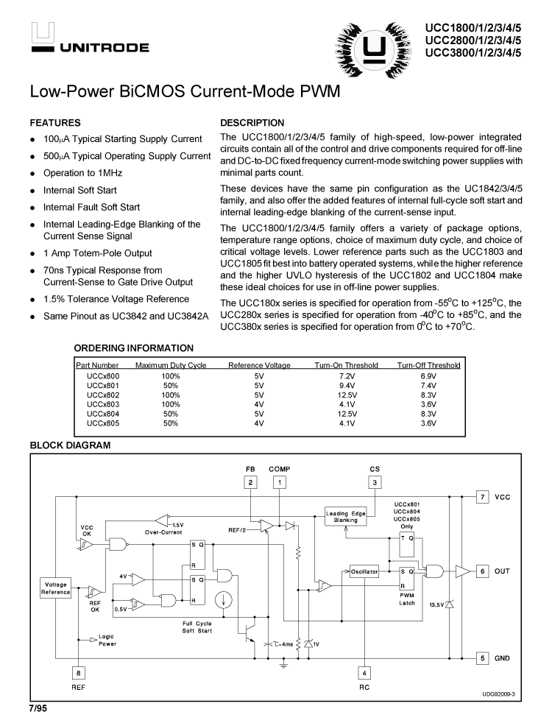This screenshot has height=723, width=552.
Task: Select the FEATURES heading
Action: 55,123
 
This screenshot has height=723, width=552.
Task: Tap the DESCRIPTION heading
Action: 252,123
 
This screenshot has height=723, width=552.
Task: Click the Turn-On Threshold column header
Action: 346,365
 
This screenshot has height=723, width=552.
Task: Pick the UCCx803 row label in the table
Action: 102,403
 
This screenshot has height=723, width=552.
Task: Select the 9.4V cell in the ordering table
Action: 347,384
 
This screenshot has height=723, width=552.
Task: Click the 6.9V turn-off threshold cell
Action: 428,375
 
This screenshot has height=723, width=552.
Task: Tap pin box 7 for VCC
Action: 482,496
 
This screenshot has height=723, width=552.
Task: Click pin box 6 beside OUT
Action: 482,571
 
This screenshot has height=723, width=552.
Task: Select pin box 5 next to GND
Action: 482,658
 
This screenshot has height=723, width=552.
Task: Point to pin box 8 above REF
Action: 79,671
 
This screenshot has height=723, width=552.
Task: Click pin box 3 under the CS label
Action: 375,482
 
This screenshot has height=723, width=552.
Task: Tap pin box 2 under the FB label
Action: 251,482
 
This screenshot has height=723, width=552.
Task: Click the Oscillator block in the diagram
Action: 364,571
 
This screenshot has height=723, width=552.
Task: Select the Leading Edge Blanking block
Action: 346,516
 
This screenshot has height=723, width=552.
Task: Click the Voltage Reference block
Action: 55,588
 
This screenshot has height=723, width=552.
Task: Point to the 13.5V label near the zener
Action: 437,604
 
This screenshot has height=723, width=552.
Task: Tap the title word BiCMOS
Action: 160,94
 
